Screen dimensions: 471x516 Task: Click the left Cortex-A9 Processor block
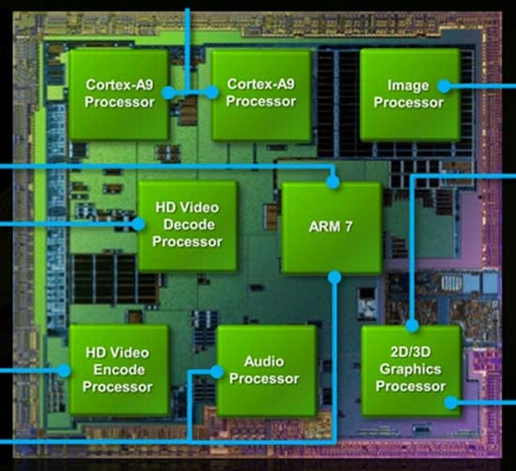click(x=119, y=95)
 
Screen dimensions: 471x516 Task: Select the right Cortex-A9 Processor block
click(x=260, y=95)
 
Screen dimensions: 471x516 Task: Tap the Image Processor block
click(x=409, y=94)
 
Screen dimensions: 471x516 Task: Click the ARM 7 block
click(x=331, y=227)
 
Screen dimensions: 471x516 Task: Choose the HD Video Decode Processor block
click(x=187, y=225)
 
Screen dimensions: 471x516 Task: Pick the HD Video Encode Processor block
click(x=118, y=369)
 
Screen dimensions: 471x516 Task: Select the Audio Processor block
click(x=266, y=370)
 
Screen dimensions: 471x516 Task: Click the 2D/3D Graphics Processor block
click(x=410, y=370)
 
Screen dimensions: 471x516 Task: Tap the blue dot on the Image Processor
click(x=443, y=84)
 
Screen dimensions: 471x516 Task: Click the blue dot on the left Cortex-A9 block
click(x=168, y=93)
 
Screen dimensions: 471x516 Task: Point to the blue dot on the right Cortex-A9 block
click(x=211, y=93)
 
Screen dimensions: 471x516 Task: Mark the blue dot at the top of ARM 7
click(x=333, y=181)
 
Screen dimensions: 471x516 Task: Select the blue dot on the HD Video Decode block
click(x=139, y=225)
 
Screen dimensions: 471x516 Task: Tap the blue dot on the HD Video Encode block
click(x=64, y=369)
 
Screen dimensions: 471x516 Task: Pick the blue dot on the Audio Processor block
click(x=216, y=371)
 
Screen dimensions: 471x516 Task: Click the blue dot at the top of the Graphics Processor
click(x=411, y=326)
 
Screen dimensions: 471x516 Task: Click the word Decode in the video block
click(x=187, y=225)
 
